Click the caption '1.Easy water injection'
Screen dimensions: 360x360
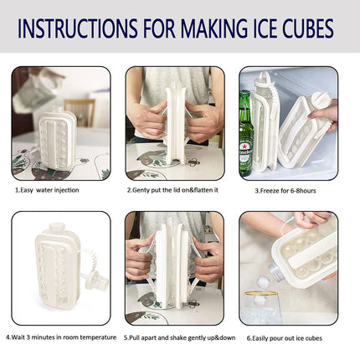click(47, 190)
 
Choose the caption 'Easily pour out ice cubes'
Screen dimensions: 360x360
click(284, 337)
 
